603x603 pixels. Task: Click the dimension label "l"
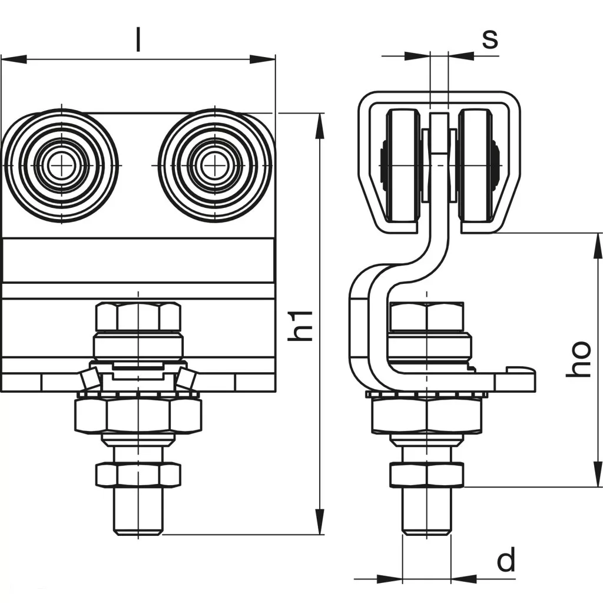click(138, 40)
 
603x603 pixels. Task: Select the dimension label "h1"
click(301, 324)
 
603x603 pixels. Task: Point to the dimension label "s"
click(489, 38)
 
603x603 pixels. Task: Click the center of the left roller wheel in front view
click(60, 165)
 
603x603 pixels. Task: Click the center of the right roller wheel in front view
click(215, 165)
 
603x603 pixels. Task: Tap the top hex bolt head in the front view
click(138, 316)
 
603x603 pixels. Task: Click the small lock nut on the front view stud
click(138, 475)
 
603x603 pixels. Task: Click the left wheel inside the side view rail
click(403, 168)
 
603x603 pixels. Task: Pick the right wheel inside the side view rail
click(476, 168)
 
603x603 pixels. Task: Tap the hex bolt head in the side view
click(426, 316)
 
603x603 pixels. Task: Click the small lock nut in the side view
click(426, 475)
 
